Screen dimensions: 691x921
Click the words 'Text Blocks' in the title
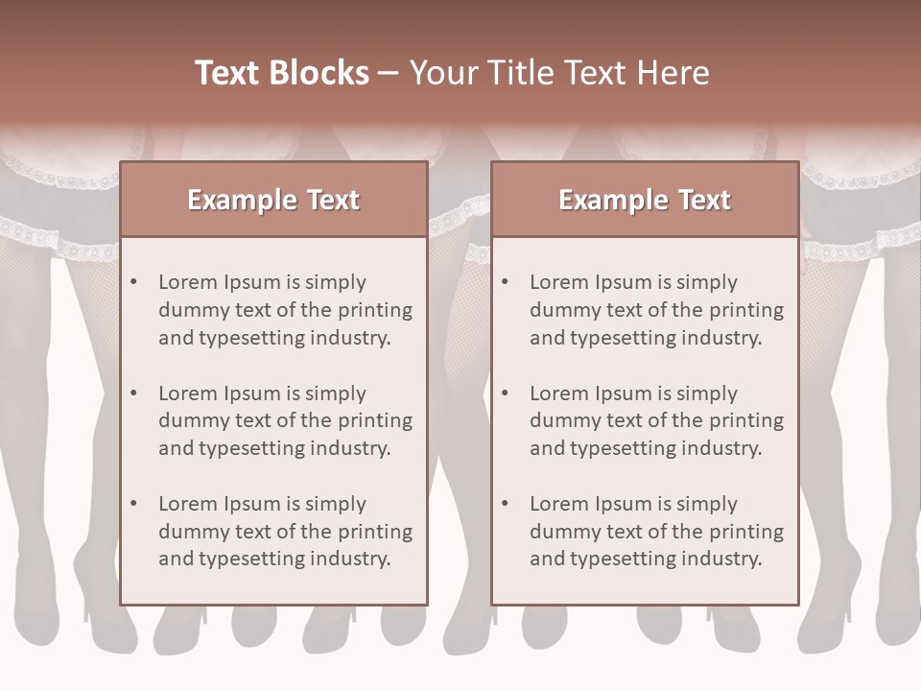click(281, 73)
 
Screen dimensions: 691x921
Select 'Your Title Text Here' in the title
click(559, 73)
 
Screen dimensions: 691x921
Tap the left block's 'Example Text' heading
click(273, 200)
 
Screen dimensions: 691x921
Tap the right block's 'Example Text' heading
click(645, 200)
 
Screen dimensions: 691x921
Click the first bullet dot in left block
click(134, 282)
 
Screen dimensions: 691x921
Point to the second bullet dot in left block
click(134, 393)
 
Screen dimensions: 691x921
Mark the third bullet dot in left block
click(134, 504)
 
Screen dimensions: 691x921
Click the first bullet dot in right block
click(506, 282)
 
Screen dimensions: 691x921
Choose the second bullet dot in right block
click(506, 393)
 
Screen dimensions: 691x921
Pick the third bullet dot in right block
click(506, 504)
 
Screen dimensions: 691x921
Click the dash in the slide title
click(389, 73)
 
